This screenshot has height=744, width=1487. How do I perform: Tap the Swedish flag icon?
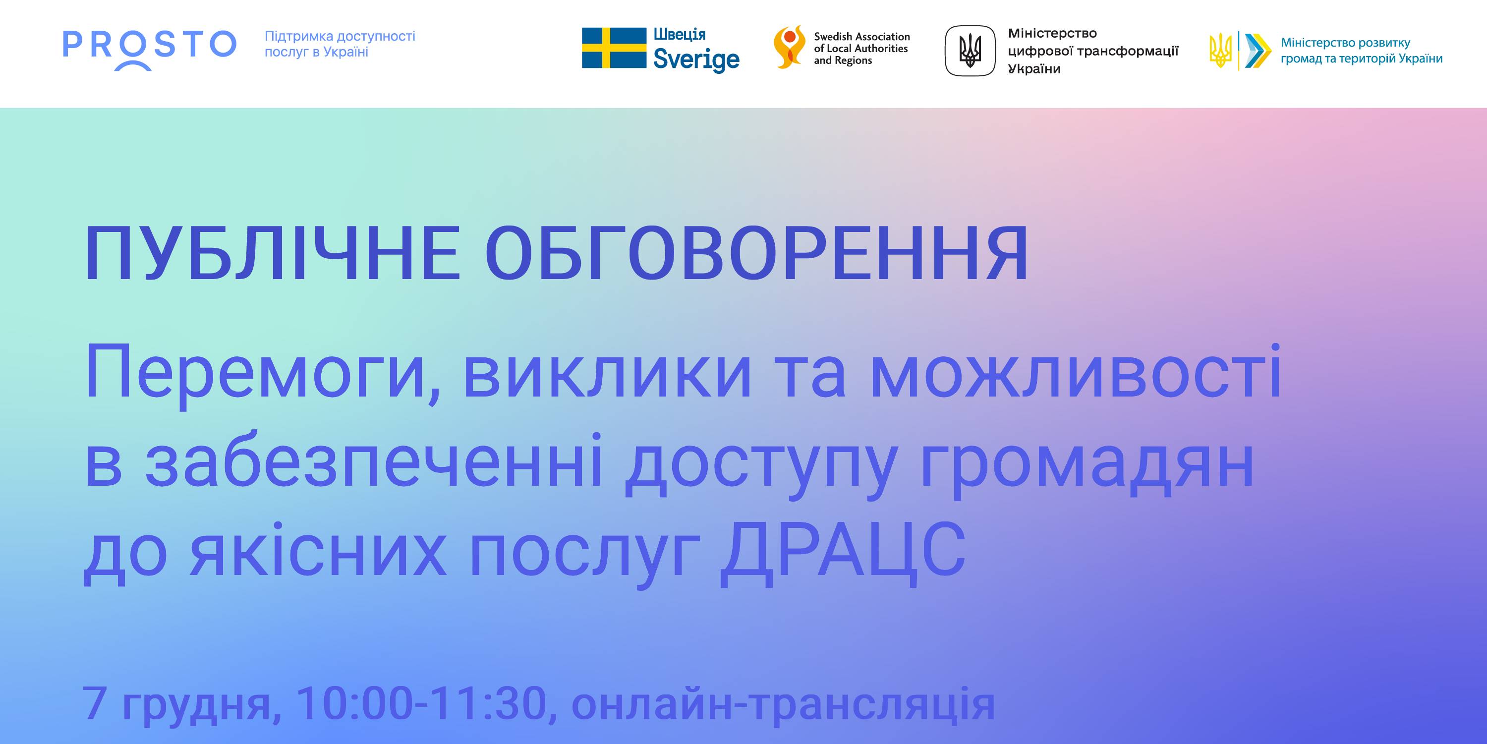614,48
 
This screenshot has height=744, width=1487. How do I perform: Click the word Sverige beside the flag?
696,59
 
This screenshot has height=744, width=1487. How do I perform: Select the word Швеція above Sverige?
680,34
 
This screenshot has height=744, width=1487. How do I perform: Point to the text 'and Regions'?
843,60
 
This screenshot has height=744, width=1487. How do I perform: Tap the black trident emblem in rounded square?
970,51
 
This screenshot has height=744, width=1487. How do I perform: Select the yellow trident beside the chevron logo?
1220,50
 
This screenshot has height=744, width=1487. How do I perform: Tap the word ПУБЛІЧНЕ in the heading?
273,253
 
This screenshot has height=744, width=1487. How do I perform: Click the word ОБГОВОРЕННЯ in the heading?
757,253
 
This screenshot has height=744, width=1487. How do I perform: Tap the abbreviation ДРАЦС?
843,551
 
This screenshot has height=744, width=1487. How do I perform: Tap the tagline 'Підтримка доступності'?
340,36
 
